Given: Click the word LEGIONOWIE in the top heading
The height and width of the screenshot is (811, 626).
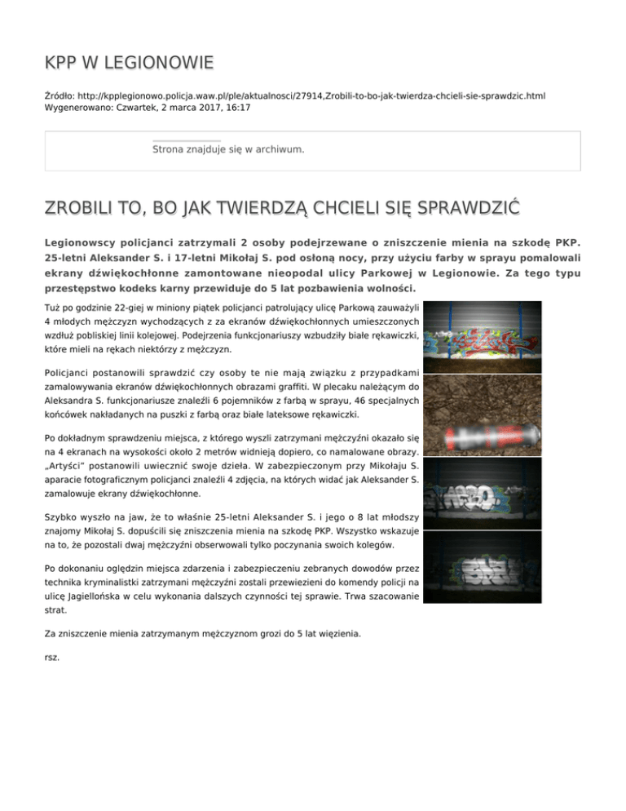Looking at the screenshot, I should pyautogui.click(x=158, y=62).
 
